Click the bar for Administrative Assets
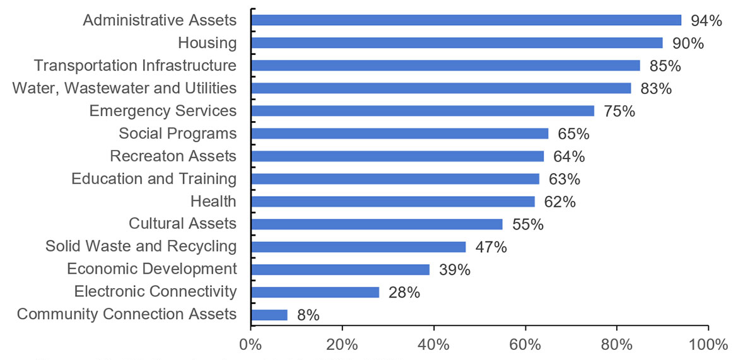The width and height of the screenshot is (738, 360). (466, 20)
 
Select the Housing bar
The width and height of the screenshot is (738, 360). (457, 43)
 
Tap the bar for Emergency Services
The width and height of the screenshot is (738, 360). (423, 111)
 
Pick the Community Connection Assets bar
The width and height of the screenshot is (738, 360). (269, 315)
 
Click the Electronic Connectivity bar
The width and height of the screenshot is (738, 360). (315, 292)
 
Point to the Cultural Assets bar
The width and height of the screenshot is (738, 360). (377, 224)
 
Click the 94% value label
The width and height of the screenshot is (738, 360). (706, 21)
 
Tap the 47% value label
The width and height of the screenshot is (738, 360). (491, 247)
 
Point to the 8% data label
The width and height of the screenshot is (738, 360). (308, 315)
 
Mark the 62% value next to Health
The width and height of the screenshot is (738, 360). (559, 202)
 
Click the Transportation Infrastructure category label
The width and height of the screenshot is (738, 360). (135, 66)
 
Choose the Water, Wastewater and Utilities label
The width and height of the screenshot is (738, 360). (124, 88)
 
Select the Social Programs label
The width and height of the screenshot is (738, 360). (178, 134)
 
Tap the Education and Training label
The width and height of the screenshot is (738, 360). (154, 179)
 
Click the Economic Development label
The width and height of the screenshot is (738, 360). (152, 269)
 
